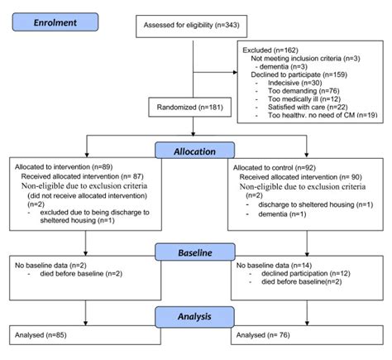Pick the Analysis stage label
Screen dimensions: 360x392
[x=194, y=315]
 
